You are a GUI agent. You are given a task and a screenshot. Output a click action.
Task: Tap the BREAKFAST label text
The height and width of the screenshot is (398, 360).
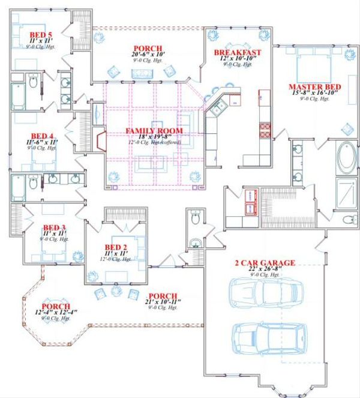pyautogui.click(x=238, y=53)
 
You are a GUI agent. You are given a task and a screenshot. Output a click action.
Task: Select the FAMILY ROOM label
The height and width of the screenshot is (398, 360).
pyautogui.click(x=154, y=131)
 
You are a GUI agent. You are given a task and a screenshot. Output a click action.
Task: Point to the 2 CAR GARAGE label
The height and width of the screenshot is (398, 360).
pyautogui.click(x=265, y=263)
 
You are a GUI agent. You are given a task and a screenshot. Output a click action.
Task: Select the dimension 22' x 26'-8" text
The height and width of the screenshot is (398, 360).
pyautogui.click(x=265, y=270)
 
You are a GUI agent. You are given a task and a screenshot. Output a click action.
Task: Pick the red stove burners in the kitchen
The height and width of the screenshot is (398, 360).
pyautogui.click(x=263, y=130)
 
